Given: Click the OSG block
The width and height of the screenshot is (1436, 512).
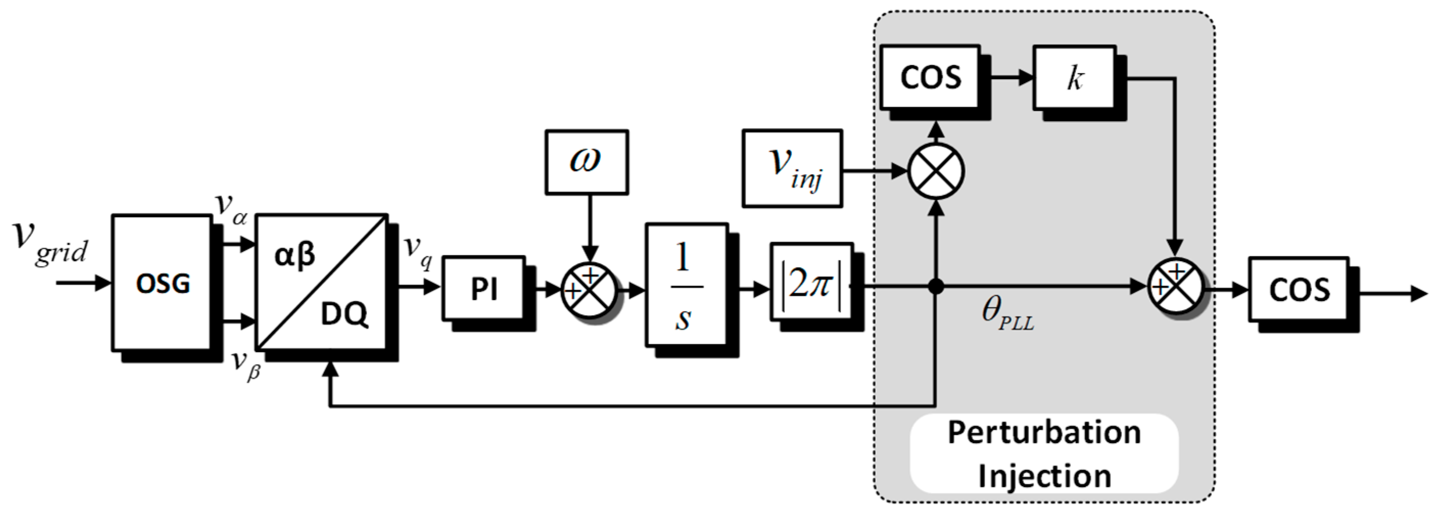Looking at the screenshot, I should point(162,283).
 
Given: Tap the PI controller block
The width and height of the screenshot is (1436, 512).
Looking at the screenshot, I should point(483,288).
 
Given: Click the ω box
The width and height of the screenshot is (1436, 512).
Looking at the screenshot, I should point(586,162).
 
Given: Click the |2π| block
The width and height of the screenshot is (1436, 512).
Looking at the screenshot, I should point(811,282).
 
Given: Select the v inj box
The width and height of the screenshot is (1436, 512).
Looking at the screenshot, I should point(792,169).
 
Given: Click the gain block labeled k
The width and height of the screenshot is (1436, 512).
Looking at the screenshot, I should point(1074,78).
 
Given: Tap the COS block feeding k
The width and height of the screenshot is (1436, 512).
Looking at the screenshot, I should point(930,77).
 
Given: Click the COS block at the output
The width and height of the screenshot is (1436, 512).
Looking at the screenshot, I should point(1298,289).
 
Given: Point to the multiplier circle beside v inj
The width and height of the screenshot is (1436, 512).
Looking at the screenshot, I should point(936,171).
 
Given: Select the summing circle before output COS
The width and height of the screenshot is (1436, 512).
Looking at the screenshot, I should point(1175,287).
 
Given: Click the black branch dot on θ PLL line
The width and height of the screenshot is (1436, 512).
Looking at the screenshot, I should point(936,287).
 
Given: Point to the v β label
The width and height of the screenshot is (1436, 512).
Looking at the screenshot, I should point(246,365).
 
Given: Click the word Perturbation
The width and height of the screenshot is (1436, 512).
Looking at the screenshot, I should point(1044,433).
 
